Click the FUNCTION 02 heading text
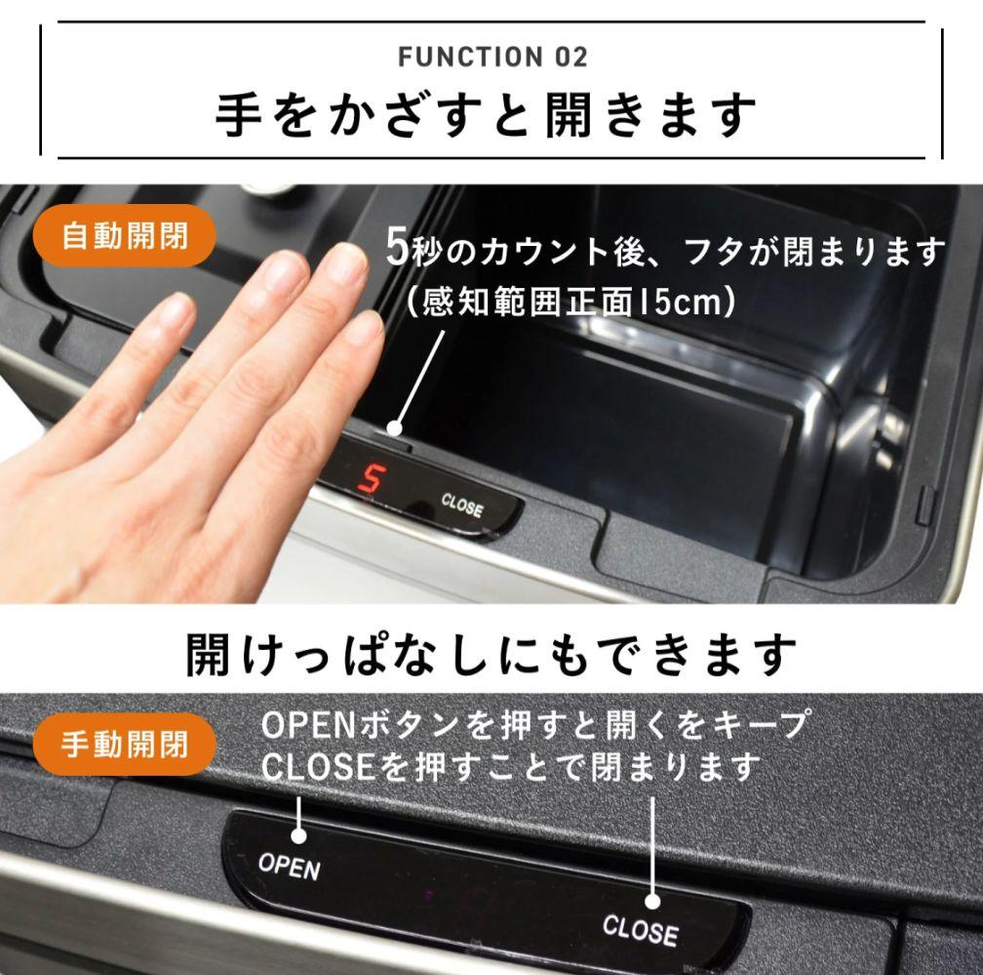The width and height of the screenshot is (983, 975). (492, 58)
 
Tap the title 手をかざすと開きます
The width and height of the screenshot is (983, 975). (486, 116)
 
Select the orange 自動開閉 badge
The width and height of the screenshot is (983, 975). (125, 236)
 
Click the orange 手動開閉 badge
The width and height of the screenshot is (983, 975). (125, 745)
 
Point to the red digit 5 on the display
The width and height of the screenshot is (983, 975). (371, 479)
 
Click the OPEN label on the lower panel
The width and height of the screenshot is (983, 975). (289, 866)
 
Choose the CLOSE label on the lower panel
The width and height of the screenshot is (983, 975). (640, 930)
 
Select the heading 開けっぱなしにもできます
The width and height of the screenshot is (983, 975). (491, 654)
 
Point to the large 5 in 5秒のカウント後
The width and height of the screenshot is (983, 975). (395, 249)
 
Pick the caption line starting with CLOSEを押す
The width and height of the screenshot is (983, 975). (511, 767)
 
